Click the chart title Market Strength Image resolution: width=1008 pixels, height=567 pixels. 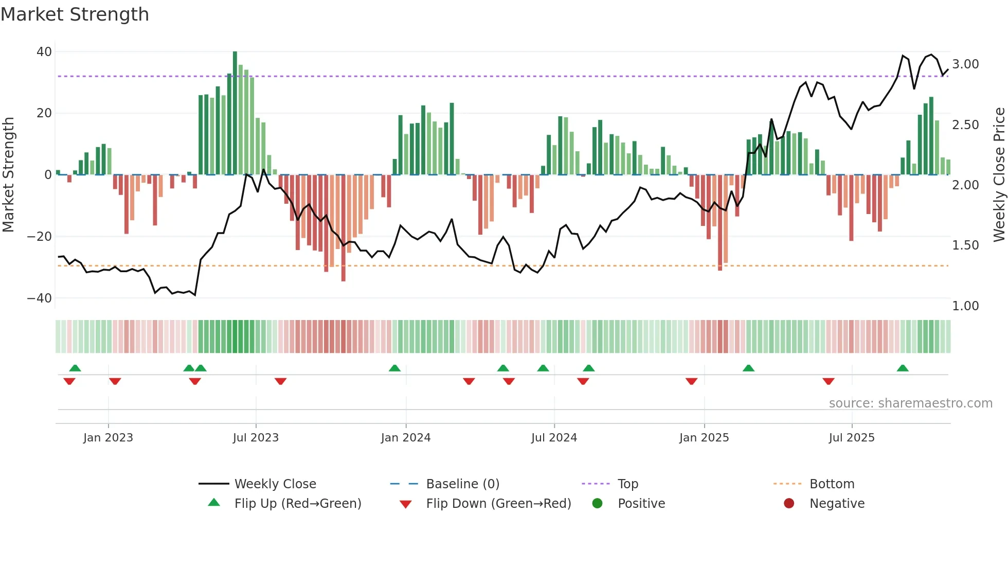point(75,14)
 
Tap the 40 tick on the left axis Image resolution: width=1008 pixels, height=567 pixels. point(44,52)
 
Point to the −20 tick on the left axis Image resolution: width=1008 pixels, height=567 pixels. point(39,237)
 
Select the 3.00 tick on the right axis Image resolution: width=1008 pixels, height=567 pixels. point(965,64)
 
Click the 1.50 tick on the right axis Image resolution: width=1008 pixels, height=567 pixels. point(965,245)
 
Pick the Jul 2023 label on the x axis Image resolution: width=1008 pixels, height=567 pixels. point(256,438)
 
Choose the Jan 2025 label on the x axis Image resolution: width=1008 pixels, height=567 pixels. point(704,438)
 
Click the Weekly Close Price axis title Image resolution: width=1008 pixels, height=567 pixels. point(999,175)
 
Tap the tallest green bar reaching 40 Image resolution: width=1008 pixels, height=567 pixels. point(235,113)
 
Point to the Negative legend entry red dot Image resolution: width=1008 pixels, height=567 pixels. point(789,503)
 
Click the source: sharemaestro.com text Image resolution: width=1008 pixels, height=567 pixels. point(910,403)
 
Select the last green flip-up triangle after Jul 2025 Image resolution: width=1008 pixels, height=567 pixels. point(903,368)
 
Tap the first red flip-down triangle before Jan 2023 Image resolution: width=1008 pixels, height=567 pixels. point(69,381)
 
